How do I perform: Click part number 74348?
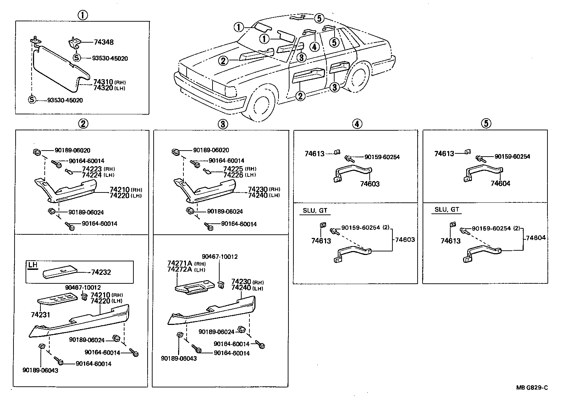point(104,42)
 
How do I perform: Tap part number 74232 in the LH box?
point(101,272)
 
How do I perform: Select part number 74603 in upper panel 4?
point(370,184)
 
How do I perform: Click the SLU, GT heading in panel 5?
point(447,210)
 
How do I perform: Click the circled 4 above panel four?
point(357,124)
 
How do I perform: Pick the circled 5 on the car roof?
point(319,18)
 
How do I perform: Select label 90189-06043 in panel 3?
point(179,359)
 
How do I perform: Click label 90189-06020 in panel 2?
point(72,150)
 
